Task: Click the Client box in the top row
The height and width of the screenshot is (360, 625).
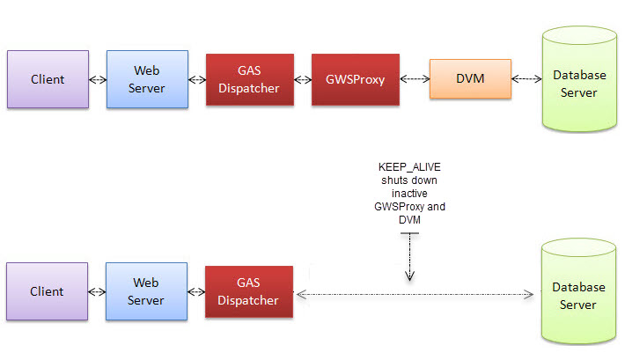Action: (x=48, y=79)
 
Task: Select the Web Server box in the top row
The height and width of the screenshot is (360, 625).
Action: (x=146, y=79)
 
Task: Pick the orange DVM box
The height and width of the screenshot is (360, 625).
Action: (x=469, y=80)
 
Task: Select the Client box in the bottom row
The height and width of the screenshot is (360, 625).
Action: (x=48, y=291)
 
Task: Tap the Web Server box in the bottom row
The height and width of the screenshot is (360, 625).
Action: (x=146, y=291)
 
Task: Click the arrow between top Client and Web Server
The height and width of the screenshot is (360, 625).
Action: (x=98, y=80)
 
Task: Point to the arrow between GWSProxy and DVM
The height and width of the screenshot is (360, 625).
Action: (x=414, y=79)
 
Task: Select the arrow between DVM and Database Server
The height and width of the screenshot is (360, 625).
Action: (x=526, y=79)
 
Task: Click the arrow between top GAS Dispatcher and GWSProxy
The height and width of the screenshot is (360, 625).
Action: (x=303, y=80)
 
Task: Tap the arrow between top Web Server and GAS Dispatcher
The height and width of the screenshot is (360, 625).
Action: (x=196, y=80)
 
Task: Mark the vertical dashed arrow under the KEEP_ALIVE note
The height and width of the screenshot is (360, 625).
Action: (x=408, y=261)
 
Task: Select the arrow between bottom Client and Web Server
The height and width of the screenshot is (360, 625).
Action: (x=97, y=291)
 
